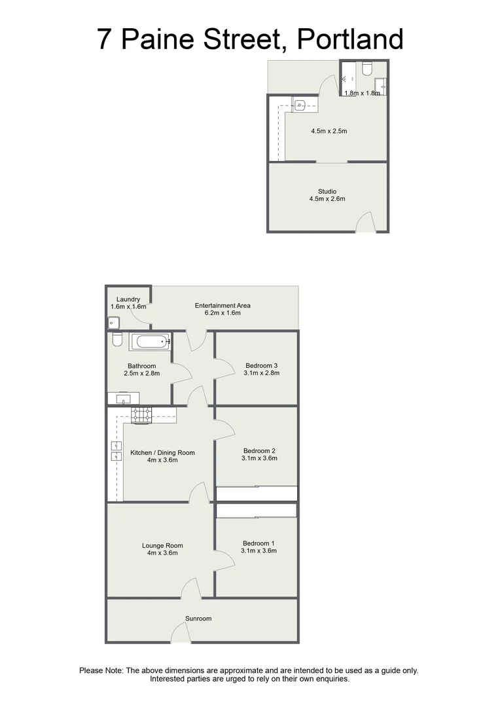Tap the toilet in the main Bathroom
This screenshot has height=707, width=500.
tap(117, 340)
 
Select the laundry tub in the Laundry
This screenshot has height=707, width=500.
tap(114, 322)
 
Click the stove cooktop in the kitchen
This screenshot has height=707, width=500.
tap(142, 414)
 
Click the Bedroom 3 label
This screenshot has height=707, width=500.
tap(262, 365)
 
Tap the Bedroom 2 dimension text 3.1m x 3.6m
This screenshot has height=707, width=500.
tap(260, 458)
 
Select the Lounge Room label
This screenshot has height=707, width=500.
tap(162, 545)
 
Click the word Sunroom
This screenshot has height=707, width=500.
tap(198, 618)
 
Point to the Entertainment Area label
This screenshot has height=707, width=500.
tap(223, 306)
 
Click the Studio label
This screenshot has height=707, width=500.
tap(327, 191)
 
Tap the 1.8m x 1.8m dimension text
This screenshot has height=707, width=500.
tap(362, 93)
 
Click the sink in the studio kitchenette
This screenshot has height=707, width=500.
tap(300, 104)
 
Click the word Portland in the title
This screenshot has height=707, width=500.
tap(350, 39)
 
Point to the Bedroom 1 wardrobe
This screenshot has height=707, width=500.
tap(257, 511)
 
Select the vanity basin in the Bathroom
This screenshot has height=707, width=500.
tap(122, 398)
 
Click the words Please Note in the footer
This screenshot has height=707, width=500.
tap(101, 670)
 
